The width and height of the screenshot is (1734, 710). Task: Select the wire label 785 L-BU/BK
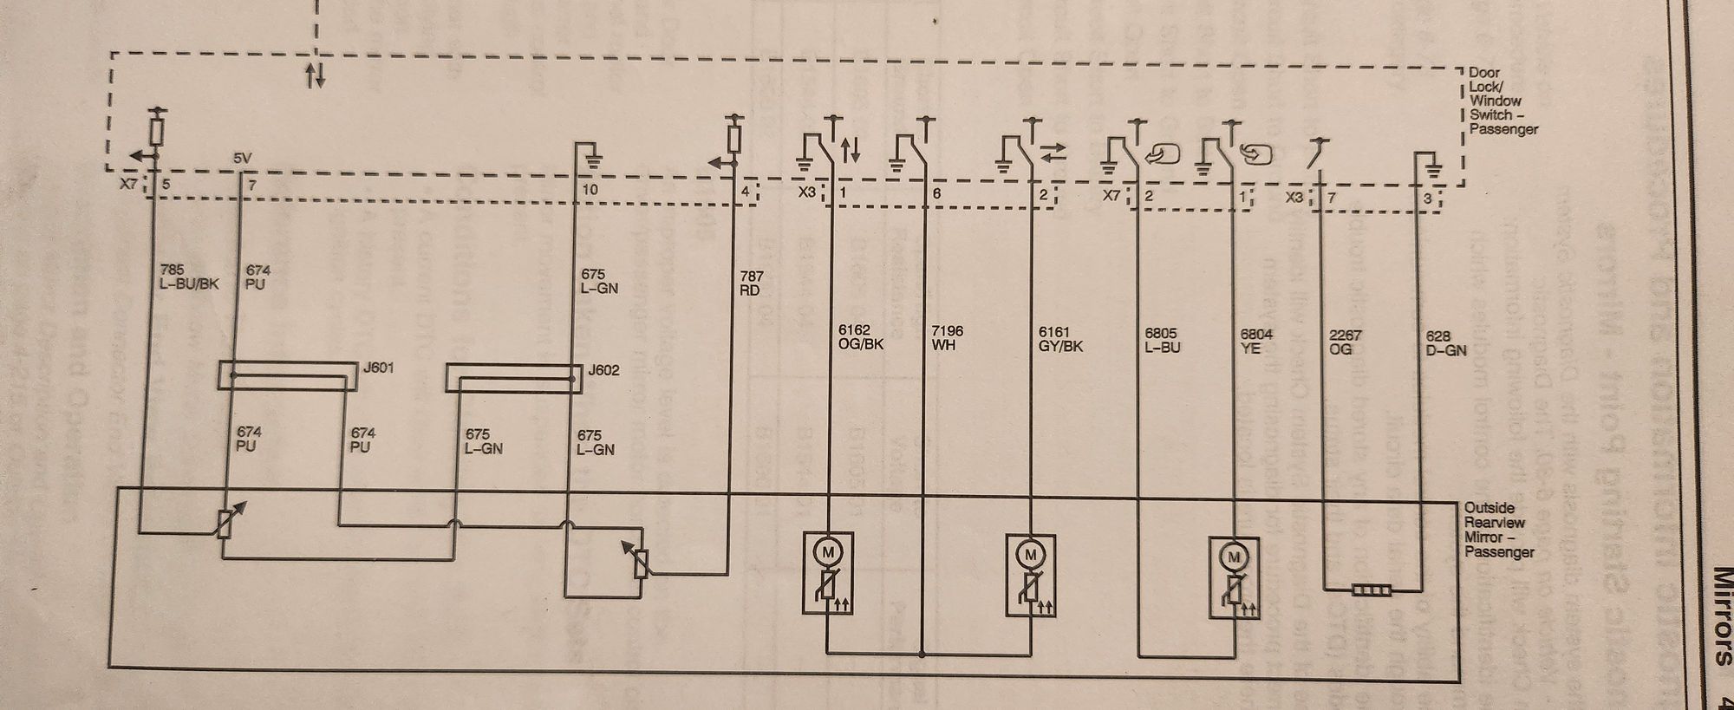(184, 277)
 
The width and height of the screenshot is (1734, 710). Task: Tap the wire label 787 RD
(751, 283)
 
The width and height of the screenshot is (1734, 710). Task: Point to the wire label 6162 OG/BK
(861, 338)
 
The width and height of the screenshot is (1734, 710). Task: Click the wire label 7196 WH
(946, 338)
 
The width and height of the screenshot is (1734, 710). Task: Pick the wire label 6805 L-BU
(1163, 340)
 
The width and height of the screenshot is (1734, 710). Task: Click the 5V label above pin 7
(243, 160)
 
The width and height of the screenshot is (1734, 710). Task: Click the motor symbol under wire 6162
(829, 552)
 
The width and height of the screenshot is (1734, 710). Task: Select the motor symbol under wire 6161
(1031, 553)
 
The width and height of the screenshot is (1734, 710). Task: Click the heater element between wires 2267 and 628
(1372, 592)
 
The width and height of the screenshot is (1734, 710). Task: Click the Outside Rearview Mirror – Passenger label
(1499, 530)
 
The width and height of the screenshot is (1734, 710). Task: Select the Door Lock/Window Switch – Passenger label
(1503, 101)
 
